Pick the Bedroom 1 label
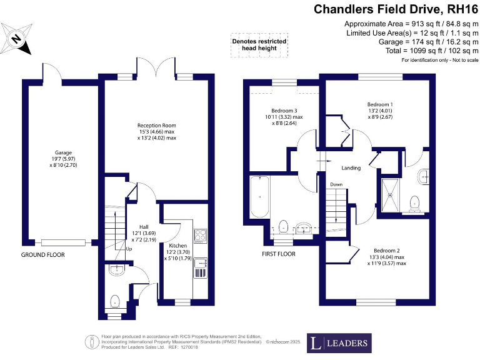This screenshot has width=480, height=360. pos(380,104)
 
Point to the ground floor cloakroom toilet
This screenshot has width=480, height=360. pos(116,302)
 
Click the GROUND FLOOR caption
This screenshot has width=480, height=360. pos(43,255)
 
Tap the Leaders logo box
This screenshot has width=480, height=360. pos(339,343)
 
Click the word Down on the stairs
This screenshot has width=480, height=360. pos(336,184)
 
